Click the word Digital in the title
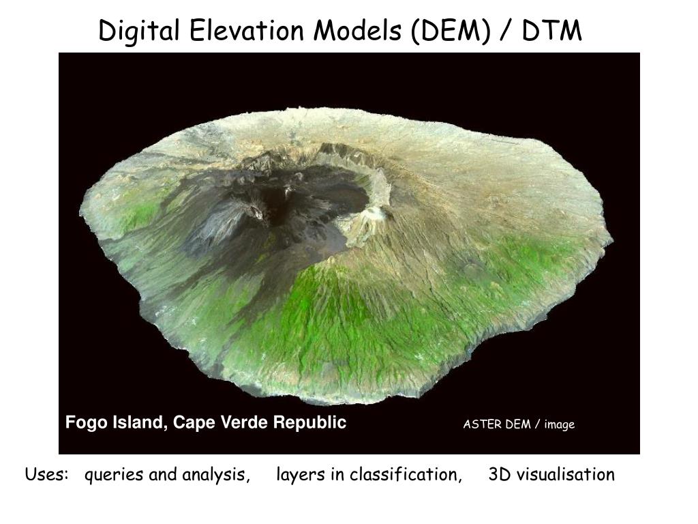coord(139,31)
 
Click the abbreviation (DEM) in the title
coord(451,31)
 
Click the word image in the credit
coord(560,425)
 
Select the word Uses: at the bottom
coord(47,474)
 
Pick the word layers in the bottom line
coord(301,476)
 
